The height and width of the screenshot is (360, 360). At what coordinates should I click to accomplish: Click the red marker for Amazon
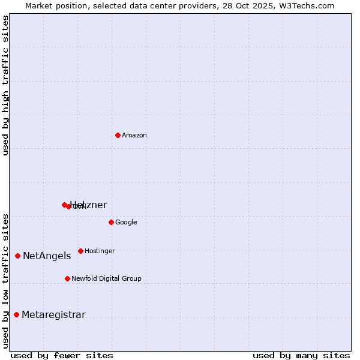[118, 135]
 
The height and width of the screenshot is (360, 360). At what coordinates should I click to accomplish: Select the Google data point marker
[111, 222]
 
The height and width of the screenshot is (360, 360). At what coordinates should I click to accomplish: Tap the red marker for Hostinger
[80, 251]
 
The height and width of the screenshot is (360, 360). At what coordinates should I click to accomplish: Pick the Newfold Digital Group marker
[67, 278]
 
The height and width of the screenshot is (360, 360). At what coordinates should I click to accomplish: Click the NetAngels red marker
[17, 256]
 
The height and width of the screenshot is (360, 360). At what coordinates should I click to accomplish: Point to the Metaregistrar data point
[16, 314]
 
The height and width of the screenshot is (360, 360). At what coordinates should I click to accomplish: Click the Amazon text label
[134, 136]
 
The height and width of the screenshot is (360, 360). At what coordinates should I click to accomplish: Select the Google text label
[126, 223]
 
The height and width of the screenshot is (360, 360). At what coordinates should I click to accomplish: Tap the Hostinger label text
[100, 251]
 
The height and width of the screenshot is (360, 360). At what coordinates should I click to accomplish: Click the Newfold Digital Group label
[106, 279]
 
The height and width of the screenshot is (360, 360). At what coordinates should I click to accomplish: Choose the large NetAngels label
[47, 256]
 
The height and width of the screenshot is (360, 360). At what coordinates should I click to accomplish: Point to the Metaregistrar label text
[53, 315]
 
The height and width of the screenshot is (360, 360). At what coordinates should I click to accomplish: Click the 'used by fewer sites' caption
[62, 355]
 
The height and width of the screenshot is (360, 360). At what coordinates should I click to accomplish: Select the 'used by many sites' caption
[301, 355]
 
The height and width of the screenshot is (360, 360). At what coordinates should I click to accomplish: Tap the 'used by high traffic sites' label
[5, 85]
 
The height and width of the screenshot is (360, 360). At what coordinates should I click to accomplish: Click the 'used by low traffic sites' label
[5, 280]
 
